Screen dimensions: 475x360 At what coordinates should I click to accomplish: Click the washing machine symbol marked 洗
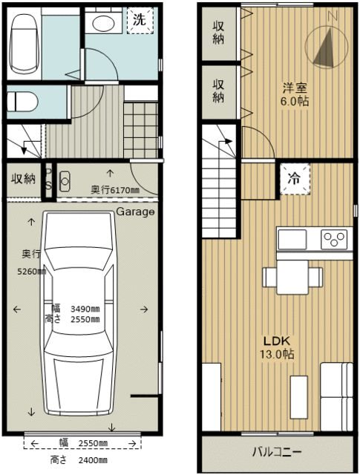click(139, 21)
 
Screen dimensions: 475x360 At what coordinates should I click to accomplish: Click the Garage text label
click(135, 212)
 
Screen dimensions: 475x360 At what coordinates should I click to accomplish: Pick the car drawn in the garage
click(79, 312)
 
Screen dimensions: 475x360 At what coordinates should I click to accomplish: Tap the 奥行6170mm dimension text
click(115, 190)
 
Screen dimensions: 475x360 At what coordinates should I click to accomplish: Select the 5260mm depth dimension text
click(33, 271)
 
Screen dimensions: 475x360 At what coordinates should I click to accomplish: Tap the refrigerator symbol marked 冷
click(294, 178)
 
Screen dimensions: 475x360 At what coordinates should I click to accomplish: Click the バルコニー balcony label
click(275, 452)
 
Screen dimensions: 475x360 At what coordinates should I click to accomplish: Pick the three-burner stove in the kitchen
click(334, 240)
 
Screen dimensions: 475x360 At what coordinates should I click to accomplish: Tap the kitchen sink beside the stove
click(292, 240)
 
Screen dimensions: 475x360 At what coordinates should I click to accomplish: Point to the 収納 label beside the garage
click(22, 179)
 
